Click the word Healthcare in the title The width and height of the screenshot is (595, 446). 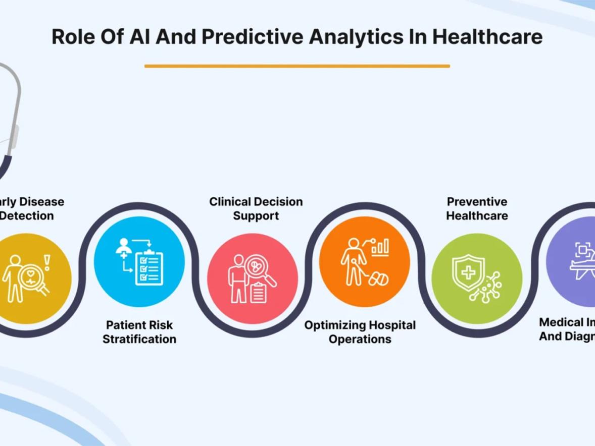point(487,37)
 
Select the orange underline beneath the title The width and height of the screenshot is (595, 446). point(297,66)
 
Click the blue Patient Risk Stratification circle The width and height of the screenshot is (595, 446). point(139,261)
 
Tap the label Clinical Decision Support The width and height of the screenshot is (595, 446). point(256,208)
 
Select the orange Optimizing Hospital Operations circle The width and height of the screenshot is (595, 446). point(365,261)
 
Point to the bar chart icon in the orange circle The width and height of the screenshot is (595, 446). point(380,247)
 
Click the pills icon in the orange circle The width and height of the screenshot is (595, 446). point(379,279)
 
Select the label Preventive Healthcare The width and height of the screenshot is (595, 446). point(477,208)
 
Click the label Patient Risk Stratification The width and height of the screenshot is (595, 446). point(139,331)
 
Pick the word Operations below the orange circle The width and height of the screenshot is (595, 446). point(360,339)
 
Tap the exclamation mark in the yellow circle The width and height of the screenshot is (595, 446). point(47,262)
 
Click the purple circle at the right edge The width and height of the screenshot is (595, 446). point(573,261)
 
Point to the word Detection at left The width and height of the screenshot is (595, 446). point(27,216)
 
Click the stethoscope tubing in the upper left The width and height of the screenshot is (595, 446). point(15,101)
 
